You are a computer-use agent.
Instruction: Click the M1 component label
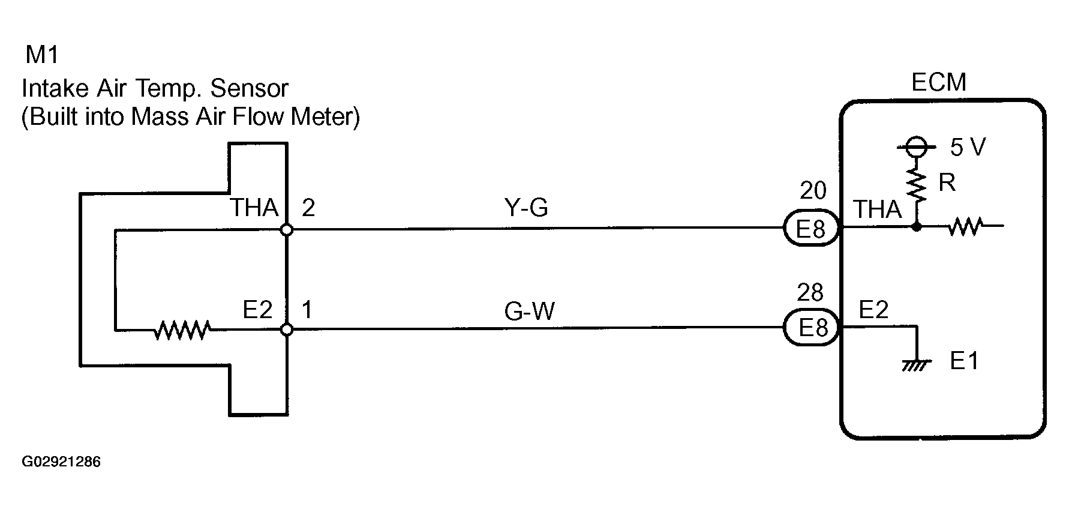tap(42, 55)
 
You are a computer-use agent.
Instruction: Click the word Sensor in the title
tap(250, 89)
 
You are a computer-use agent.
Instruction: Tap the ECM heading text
tap(938, 82)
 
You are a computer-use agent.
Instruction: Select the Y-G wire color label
tap(526, 208)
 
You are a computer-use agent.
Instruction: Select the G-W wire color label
tap(529, 312)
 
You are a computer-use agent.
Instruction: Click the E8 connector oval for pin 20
tap(812, 229)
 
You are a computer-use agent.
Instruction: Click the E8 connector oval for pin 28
tap(812, 328)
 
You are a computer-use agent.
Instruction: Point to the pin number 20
tap(813, 191)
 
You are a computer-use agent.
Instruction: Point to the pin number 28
tap(810, 293)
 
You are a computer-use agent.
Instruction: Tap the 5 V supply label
tap(968, 147)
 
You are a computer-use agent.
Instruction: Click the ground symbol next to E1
tap(916, 364)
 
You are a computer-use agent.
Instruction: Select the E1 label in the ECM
tap(964, 361)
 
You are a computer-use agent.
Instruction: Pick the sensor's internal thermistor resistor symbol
tap(182, 330)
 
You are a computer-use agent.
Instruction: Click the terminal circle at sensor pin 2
tap(287, 230)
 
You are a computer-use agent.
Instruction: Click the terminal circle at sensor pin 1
tap(287, 330)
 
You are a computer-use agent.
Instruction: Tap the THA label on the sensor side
tap(254, 208)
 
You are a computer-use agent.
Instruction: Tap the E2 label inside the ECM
tap(873, 310)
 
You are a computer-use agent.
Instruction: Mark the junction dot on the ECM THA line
tap(917, 227)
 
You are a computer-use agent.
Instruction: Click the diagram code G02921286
tap(61, 462)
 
